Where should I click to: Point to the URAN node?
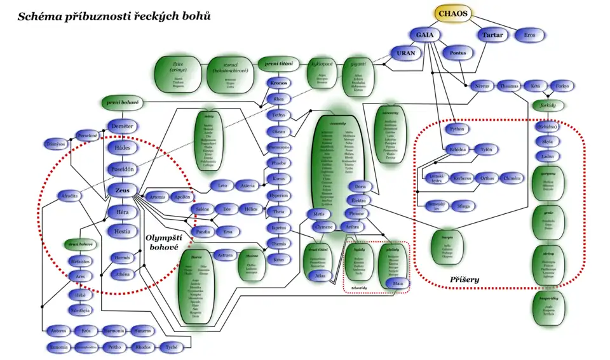click(x=406, y=53)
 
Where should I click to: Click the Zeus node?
click(x=123, y=190)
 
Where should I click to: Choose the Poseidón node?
click(x=123, y=170)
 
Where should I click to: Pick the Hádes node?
click(x=123, y=147)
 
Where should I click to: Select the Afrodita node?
click(x=71, y=196)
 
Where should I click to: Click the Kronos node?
click(x=278, y=83)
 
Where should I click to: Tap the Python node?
click(x=457, y=129)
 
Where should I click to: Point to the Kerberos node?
click(x=462, y=178)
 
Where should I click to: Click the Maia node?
click(x=398, y=283)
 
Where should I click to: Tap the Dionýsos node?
click(x=56, y=144)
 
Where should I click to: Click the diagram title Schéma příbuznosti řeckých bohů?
click(x=114, y=16)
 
